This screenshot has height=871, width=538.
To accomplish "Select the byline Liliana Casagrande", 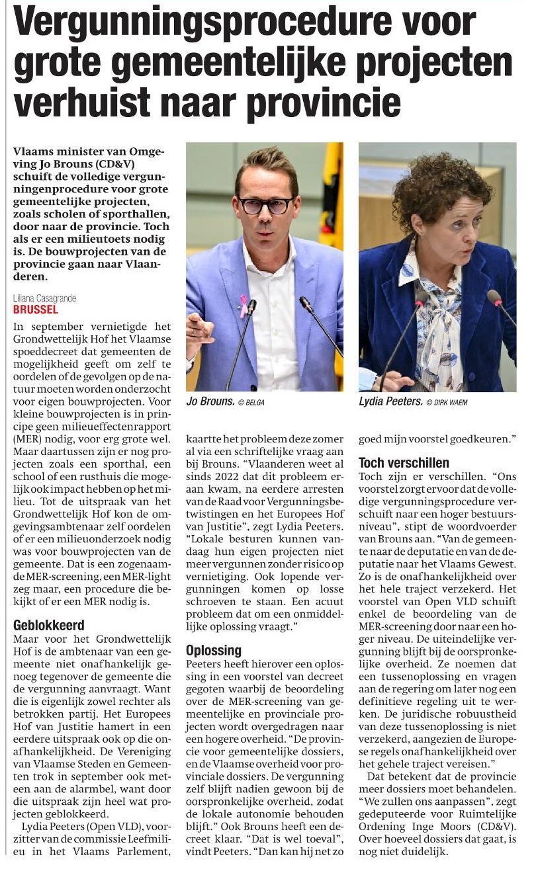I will [44, 299].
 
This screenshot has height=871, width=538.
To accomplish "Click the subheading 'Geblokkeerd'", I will [49, 625].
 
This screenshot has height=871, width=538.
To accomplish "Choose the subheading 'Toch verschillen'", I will [404, 463].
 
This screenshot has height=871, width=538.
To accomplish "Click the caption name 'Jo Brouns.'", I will [210, 401].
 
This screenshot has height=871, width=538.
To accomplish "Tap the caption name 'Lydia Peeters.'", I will [390, 401].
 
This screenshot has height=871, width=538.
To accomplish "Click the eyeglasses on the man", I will [266, 205].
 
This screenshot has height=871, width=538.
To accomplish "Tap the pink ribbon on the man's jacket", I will [243, 305].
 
